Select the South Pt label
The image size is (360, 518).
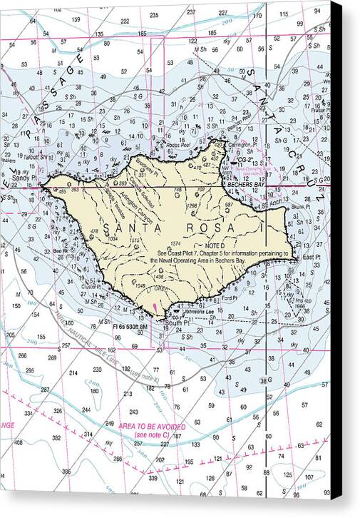(x=175, y=322)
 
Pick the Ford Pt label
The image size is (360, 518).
(x=229, y=298)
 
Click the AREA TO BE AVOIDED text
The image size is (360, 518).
(x=148, y=426)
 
